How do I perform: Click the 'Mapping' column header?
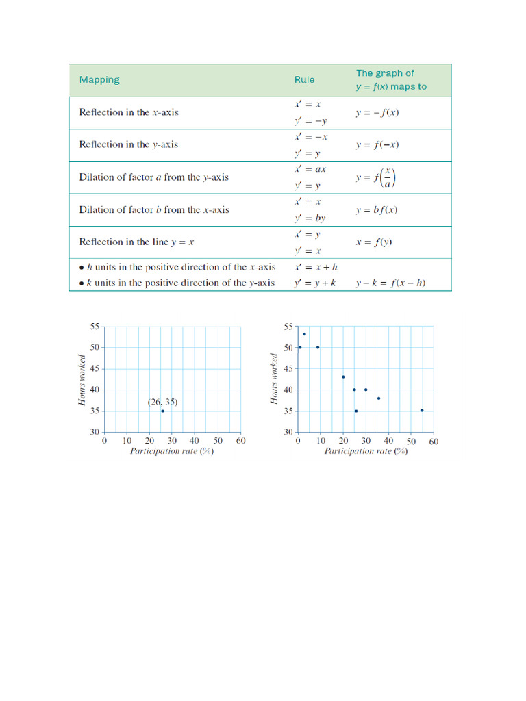tap(99, 80)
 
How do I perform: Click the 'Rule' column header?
tap(305, 80)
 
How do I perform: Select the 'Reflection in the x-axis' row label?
tap(129, 112)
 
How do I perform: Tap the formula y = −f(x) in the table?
tap(377, 112)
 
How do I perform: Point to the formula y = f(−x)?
tap(377, 144)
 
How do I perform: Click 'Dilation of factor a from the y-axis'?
tap(154, 177)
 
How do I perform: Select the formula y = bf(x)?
tap(376, 210)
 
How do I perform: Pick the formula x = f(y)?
tap(374, 242)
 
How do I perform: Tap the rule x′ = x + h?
tap(316, 267)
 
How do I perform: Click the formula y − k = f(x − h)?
tap(390, 283)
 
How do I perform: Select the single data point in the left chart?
tap(162, 411)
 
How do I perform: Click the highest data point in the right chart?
tap(304, 334)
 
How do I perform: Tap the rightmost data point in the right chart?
tap(422, 411)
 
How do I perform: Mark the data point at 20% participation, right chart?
tap(343, 377)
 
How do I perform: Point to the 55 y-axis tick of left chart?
tap(95, 327)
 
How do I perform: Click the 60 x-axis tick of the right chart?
tap(434, 442)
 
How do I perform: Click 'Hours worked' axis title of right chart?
tap(275, 379)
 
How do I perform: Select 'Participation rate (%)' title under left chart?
tap(172, 452)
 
